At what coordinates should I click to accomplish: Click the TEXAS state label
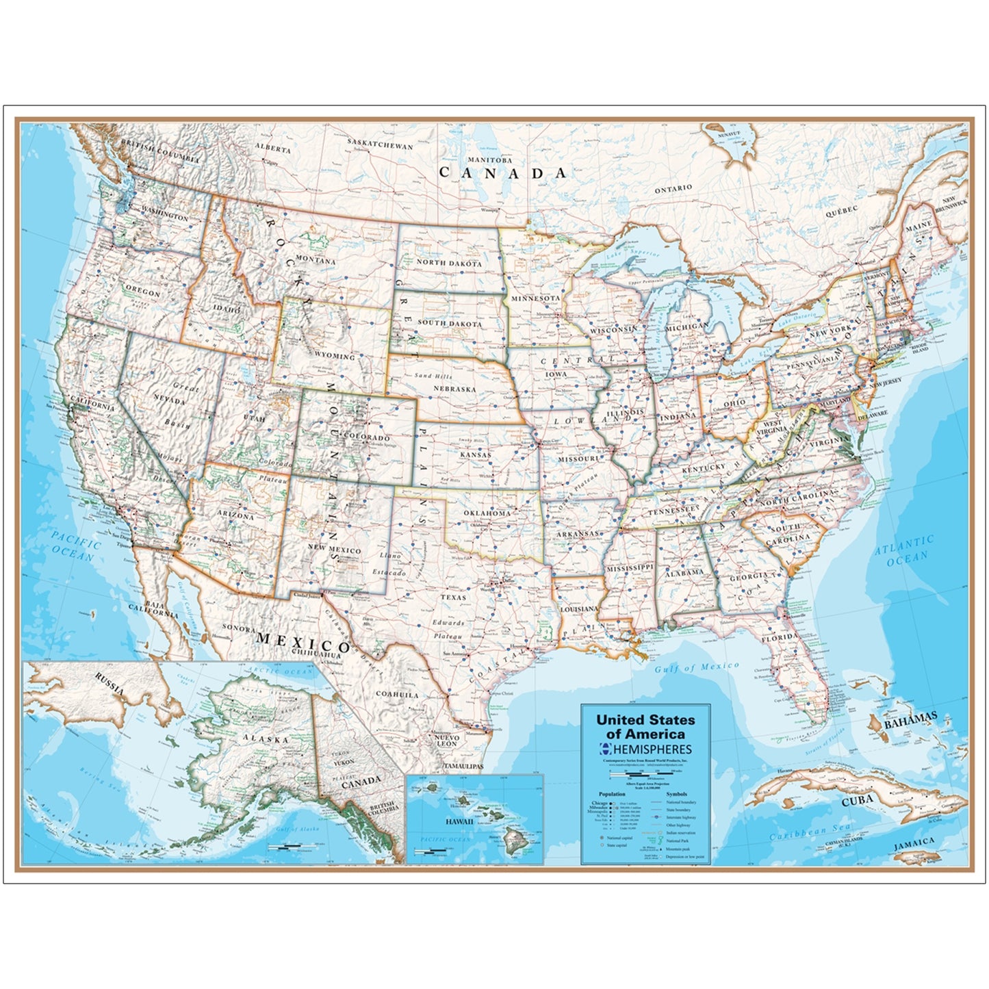[453, 598]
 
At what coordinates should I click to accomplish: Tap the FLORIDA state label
[780, 637]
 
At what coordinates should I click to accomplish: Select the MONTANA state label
[315, 260]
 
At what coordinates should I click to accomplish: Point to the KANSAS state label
[475, 454]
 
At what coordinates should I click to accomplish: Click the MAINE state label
[918, 226]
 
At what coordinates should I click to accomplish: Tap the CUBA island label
[857, 799]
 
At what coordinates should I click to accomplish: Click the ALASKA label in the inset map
[265, 739]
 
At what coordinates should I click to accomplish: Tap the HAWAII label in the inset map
[459, 821]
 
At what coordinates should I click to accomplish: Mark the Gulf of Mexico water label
[696, 667]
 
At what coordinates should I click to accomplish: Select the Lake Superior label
[632, 255]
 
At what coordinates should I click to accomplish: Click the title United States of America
[645, 727]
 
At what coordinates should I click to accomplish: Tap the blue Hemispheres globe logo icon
[604, 749]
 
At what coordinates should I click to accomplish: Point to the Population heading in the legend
[612, 794]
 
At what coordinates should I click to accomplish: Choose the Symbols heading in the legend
[676, 794]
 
